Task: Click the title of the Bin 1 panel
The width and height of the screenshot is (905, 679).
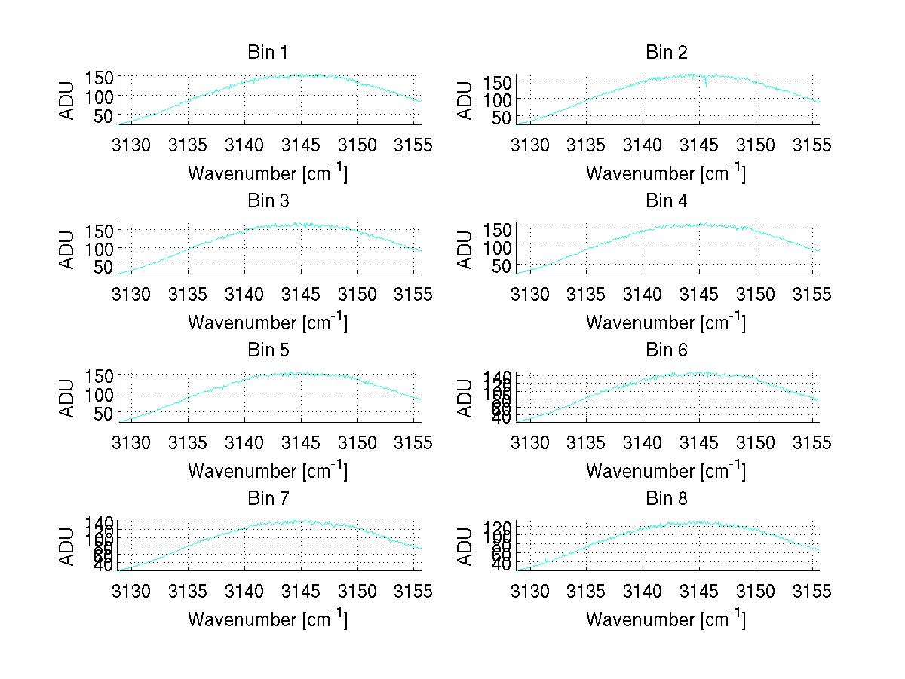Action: click(268, 53)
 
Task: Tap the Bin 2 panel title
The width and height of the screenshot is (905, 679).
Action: click(666, 53)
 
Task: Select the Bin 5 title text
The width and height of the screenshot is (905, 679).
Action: click(268, 350)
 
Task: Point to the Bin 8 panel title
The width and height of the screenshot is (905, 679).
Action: click(666, 499)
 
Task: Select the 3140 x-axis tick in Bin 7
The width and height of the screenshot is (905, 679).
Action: click(245, 590)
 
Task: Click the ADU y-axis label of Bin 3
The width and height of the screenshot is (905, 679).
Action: click(68, 249)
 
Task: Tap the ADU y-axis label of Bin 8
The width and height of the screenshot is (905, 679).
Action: click(466, 547)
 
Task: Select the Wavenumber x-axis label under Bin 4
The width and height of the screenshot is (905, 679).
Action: click(666, 322)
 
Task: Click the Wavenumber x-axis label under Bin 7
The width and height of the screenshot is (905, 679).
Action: click(268, 619)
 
